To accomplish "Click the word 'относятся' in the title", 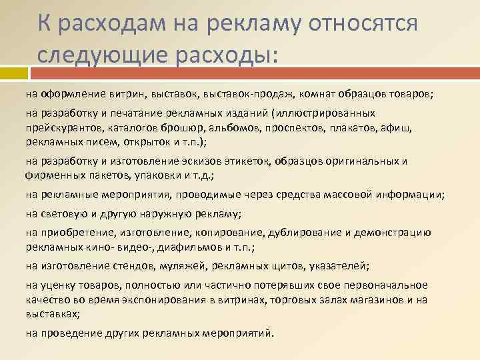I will pyautogui.click(x=361, y=24).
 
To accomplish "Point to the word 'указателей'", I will pyautogui.click(x=342, y=266).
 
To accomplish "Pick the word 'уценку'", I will pyautogui.click(x=58, y=285).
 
